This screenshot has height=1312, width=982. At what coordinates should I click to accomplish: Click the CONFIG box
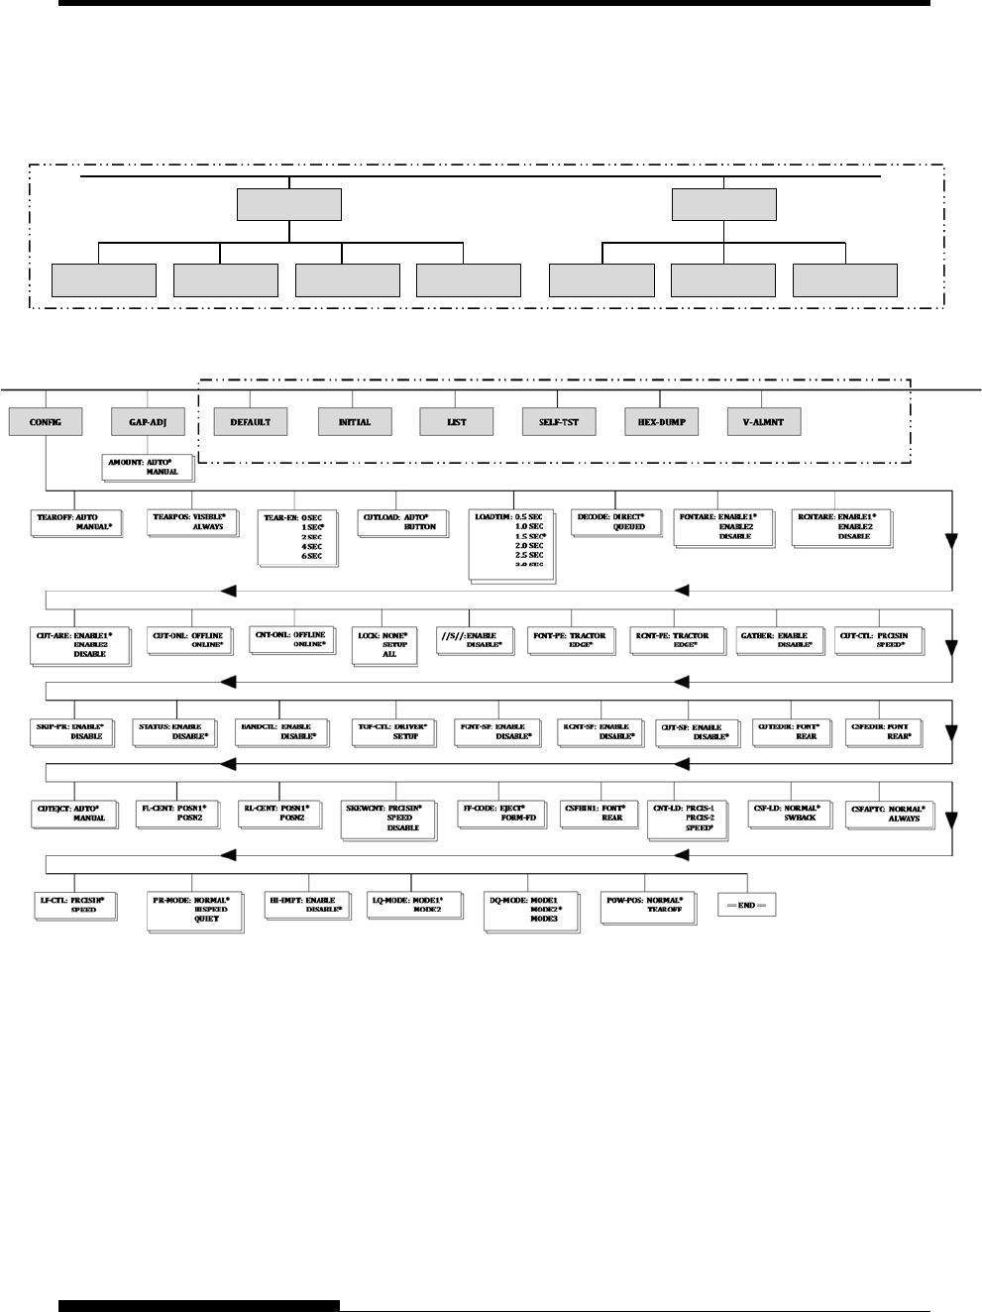coord(46,422)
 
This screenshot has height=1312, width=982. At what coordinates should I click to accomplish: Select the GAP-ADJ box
coord(148,422)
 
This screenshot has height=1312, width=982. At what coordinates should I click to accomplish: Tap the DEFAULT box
coord(250,422)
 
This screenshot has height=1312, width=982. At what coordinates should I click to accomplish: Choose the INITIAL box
coord(354,422)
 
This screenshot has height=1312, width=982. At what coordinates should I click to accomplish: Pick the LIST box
coord(456,422)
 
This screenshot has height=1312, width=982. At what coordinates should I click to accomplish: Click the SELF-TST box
coord(559,422)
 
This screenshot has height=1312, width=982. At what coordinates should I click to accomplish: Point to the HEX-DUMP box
coord(661,422)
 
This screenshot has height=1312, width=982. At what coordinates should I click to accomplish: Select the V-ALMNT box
coord(763,422)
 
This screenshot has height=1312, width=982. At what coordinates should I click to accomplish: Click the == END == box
coord(746,905)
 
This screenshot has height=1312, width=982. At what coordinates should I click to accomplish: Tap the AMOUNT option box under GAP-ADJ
coord(143,467)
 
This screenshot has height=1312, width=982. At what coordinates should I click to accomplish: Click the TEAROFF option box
coord(75,522)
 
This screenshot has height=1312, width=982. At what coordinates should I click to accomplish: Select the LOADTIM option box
coord(511,544)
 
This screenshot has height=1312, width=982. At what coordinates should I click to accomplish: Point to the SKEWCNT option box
coord(387,818)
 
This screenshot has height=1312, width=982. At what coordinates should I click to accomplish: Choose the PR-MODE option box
coord(193,909)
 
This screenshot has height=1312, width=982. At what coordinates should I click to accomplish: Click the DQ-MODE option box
coord(528,909)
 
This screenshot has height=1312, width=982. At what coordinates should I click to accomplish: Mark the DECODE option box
coord(613,522)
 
